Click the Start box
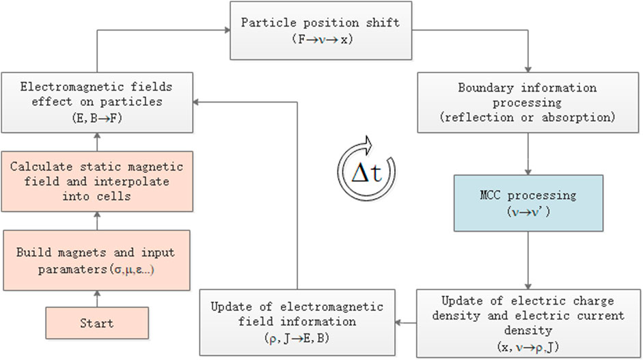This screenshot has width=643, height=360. tap(96, 324)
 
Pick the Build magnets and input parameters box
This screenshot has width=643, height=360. tap(96, 260)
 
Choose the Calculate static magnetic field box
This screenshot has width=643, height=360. tap(96, 181)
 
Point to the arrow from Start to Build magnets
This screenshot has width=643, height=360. tap(96, 299)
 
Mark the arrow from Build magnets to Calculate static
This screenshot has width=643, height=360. tap(96, 221)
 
